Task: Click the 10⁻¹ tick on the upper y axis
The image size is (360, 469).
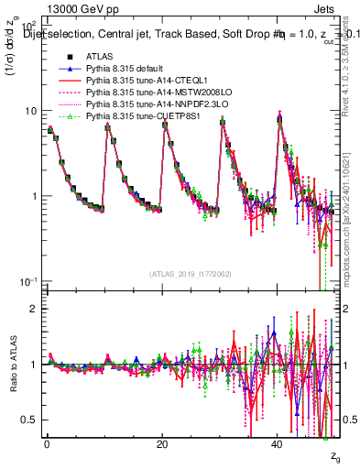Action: coord(29,280)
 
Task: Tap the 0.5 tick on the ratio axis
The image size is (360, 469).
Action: coord(31,420)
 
